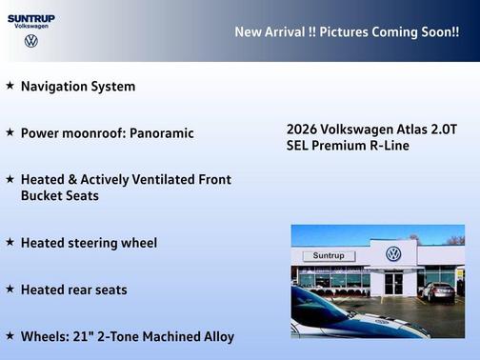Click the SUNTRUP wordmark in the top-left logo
30,17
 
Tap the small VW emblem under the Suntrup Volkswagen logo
31,41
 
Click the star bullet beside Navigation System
10,86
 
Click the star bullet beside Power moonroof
10,132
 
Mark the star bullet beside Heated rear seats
10,289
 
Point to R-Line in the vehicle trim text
389,146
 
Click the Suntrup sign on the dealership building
328,256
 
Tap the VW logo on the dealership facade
393,253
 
